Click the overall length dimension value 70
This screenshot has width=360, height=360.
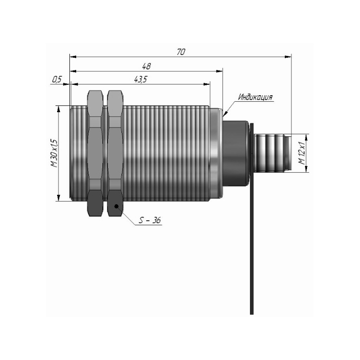point(181,52)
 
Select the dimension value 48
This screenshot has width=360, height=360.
point(146,66)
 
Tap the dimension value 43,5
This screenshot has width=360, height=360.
point(140,79)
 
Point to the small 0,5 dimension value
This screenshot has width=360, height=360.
point(57,79)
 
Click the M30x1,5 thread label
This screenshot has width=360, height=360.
point(54,153)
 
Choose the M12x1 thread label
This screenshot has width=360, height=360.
point(302,153)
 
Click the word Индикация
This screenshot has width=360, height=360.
point(255,97)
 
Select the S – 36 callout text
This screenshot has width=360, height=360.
point(150,221)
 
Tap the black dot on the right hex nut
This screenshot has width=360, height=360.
point(116,206)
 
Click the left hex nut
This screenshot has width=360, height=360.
point(95,153)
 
